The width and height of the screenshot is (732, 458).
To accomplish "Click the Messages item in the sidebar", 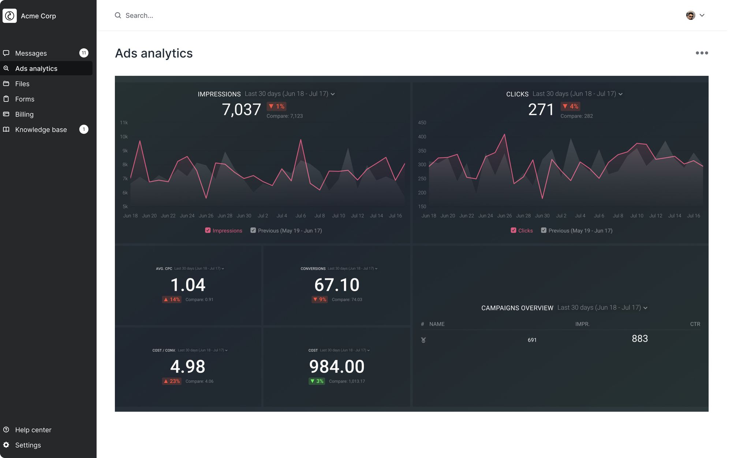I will (31, 53).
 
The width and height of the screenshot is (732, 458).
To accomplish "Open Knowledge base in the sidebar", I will (41, 130).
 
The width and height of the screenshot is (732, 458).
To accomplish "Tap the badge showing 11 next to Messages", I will (84, 53).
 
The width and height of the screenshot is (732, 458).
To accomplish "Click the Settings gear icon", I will (6, 445).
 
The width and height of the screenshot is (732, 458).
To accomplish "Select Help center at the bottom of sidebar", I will (33, 430).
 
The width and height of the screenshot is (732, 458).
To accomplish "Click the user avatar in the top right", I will (690, 15).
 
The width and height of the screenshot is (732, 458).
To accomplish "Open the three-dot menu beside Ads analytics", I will (702, 53).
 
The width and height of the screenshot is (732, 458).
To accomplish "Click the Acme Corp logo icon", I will (10, 16).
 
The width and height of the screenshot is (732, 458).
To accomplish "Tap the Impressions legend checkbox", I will (208, 230).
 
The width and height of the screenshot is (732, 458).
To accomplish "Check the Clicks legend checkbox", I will (513, 230).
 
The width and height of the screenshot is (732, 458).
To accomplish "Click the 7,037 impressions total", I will (241, 110).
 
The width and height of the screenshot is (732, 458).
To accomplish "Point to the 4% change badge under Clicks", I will (570, 106).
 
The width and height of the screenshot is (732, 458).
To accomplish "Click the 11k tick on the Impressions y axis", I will (124, 123).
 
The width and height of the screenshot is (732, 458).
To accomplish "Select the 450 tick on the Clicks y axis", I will (422, 123).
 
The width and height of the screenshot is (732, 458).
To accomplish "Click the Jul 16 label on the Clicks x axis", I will (693, 216).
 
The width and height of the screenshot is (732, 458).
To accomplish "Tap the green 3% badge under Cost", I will (317, 381).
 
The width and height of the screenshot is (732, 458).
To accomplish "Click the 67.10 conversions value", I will (337, 285).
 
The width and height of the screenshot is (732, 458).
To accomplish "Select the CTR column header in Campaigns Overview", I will (695, 324).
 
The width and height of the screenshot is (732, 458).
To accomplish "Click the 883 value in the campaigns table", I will (639, 339).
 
